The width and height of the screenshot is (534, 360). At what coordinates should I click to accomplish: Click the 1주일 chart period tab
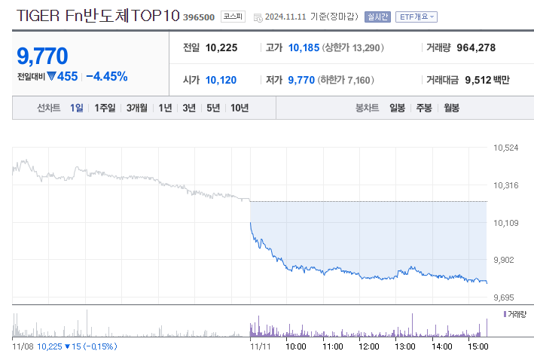(105, 108)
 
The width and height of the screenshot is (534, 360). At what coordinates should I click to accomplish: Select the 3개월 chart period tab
(137, 108)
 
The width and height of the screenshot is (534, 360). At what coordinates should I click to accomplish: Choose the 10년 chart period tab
(240, 108)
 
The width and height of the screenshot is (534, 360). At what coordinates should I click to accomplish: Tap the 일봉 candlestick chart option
(397, 108)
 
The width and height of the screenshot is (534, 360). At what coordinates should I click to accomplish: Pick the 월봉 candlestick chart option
(451, 108)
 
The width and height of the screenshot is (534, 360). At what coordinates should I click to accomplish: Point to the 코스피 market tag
(233, 16)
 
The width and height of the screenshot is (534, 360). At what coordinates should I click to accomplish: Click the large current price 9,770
(42, 56)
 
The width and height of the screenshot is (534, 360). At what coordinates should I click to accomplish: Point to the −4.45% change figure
(107, 76)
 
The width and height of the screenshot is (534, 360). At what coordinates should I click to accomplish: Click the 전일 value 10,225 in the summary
(221, 47)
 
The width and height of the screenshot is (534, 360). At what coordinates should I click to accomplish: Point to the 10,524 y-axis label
(505, 148)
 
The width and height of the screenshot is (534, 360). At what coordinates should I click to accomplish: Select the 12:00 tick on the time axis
(369, 346)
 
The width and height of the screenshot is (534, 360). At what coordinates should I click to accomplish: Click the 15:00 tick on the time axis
(478, 346)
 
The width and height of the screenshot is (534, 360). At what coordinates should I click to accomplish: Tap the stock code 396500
(199, 17)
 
